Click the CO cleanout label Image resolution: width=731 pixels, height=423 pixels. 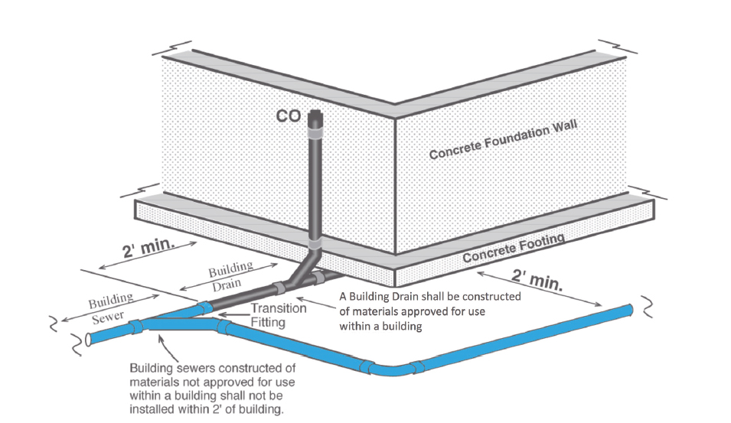289,117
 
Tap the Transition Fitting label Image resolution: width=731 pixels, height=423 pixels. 279,315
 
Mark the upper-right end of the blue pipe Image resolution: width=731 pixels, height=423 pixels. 629,310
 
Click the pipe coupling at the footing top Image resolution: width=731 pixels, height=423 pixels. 315,246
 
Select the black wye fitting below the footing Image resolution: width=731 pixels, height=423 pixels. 310,273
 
